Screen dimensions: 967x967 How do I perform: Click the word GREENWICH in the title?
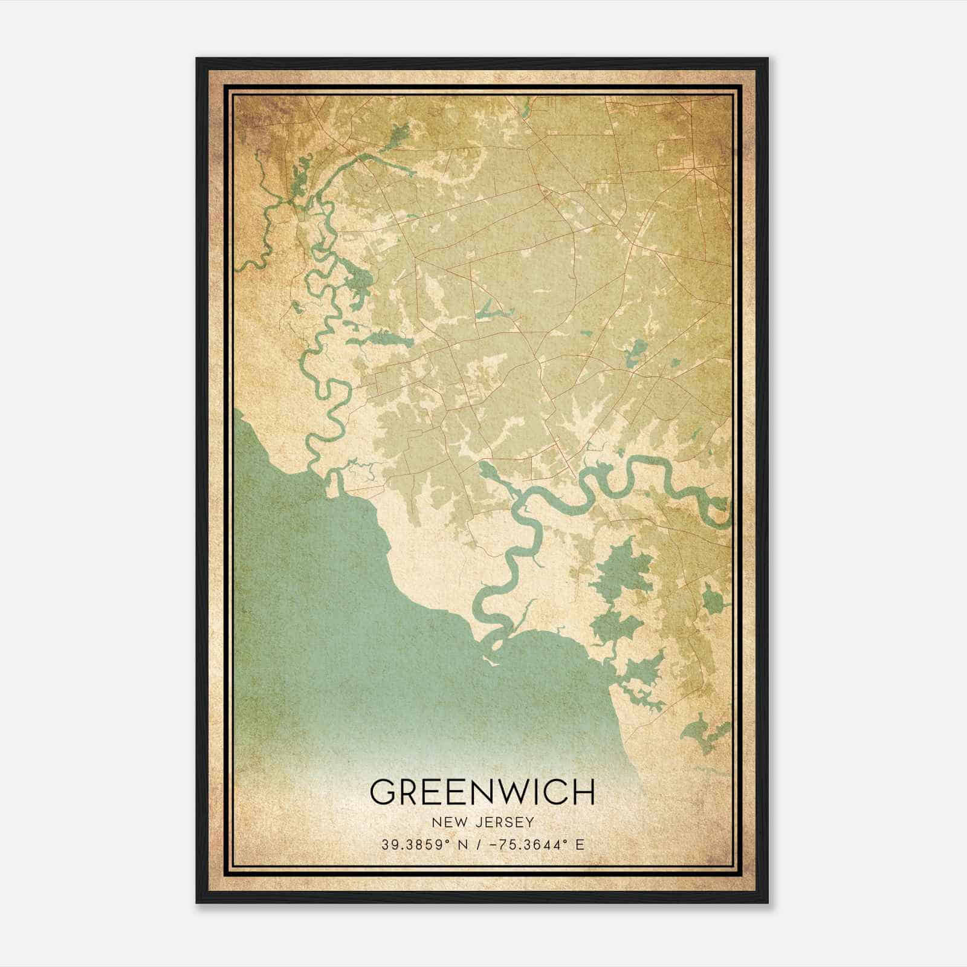point(482,792)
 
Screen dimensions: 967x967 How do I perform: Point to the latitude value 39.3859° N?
point(418,845)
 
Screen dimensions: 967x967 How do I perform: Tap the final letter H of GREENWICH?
point(584,792)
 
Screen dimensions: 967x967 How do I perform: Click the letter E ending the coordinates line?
point(581,845)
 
